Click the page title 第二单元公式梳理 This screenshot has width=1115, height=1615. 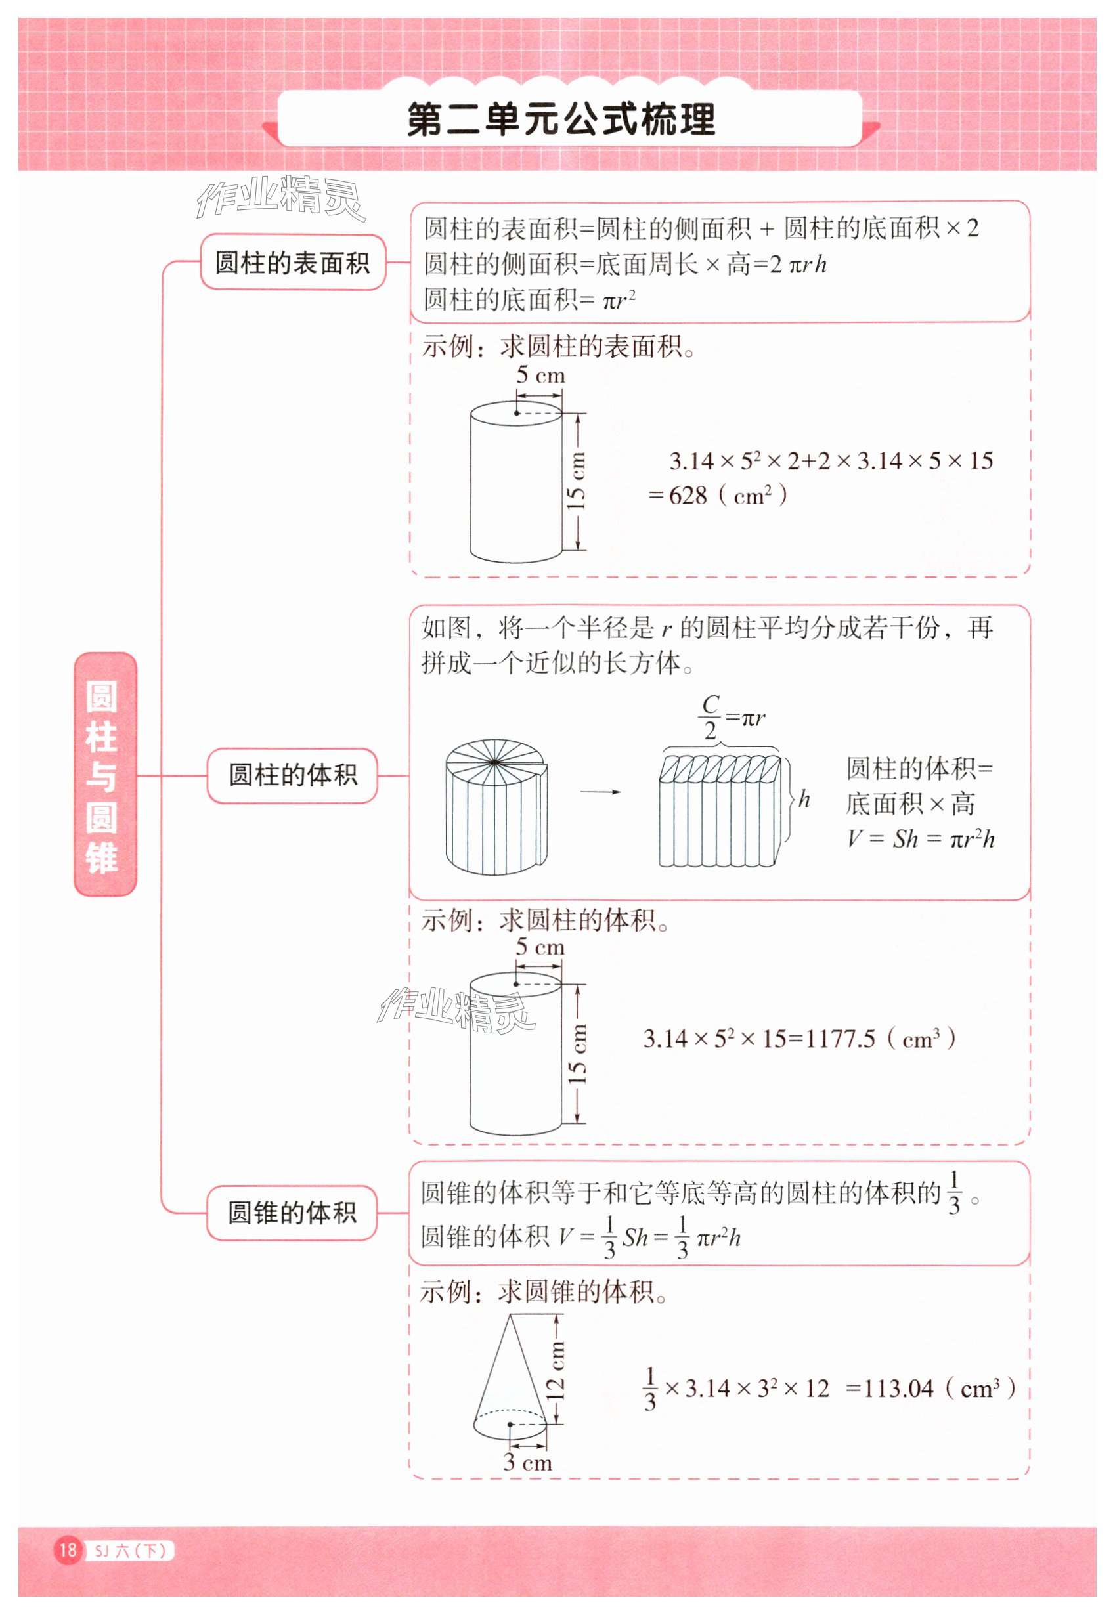pos(561,119)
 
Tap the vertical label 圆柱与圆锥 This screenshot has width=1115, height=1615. pos(103,775)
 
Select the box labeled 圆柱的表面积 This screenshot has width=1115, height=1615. pos(292,263)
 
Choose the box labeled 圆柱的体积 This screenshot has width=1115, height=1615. pos(292,775)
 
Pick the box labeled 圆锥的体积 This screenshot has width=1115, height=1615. pos(292,1213)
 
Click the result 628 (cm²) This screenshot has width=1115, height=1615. pos(720,496)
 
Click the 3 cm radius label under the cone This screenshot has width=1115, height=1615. pos(527,1462)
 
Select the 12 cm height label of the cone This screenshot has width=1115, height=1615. pos(556,1371)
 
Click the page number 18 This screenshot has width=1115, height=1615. pos(68,1550)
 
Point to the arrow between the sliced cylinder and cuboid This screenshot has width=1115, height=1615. pos(600,792)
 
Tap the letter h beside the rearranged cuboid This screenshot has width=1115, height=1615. pos(804,798)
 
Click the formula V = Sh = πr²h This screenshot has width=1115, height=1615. pos(921,839)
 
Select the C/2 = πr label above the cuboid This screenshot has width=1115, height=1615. pos(731,718)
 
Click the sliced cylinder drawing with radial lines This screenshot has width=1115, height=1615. pos(496,806)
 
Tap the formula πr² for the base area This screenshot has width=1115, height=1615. pos(619,301)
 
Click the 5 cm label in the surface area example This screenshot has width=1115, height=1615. pos(540,375)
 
